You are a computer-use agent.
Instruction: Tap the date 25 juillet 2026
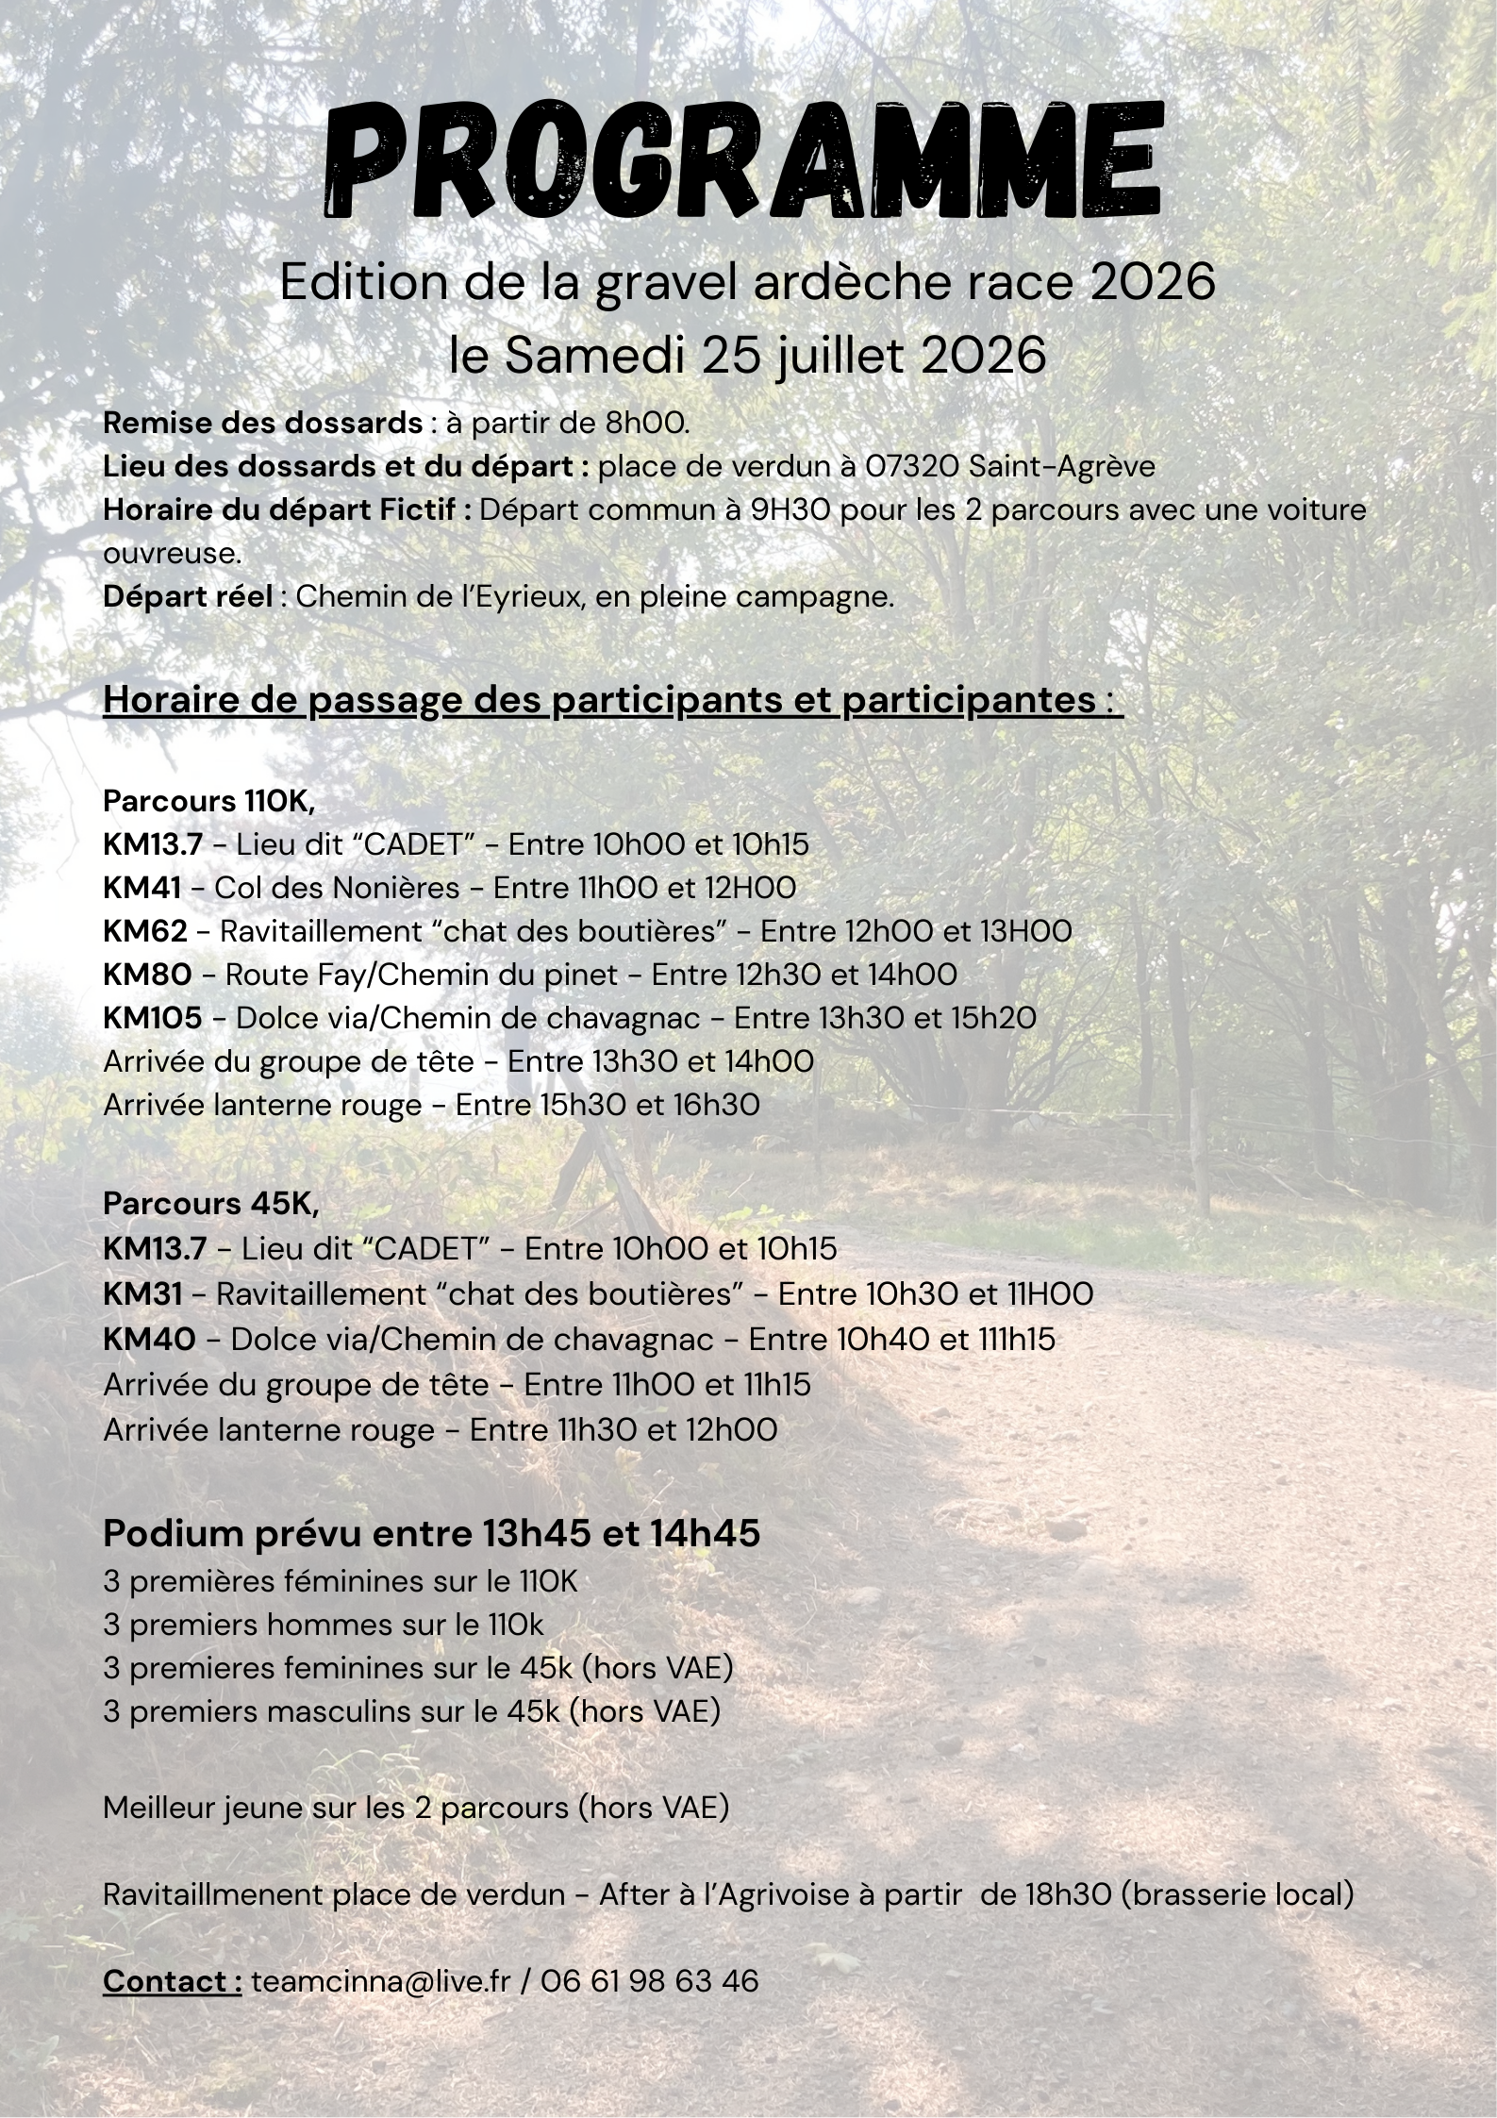tap(873, 356)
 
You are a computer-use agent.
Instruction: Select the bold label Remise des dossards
tap(262, 423)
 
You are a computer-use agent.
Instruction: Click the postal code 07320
tap(910, 466)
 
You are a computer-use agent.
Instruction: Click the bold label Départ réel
tap(188, 597)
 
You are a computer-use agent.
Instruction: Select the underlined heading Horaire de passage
tap(612, 700)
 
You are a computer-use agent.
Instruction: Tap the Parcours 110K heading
tap(208, 801)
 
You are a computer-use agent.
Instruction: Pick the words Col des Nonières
tap(337, 888)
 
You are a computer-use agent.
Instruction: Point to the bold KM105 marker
tap(152, 1018)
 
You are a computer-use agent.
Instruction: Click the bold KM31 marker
tap(142, 1292)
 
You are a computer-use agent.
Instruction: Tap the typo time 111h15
tap(1015, 1339)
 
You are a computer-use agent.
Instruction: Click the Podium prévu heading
tap(431, 1533)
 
